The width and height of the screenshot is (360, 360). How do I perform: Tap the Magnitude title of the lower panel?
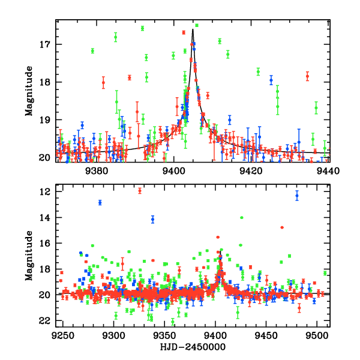28,256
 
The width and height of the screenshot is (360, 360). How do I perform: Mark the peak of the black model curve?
193,29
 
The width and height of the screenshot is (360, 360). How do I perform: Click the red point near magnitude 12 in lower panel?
140,191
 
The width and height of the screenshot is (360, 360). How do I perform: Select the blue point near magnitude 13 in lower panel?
100,202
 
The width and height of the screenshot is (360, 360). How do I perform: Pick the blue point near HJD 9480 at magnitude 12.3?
296,195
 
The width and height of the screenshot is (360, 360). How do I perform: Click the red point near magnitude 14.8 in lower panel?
282,227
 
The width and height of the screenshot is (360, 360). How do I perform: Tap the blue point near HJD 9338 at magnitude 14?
153,219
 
